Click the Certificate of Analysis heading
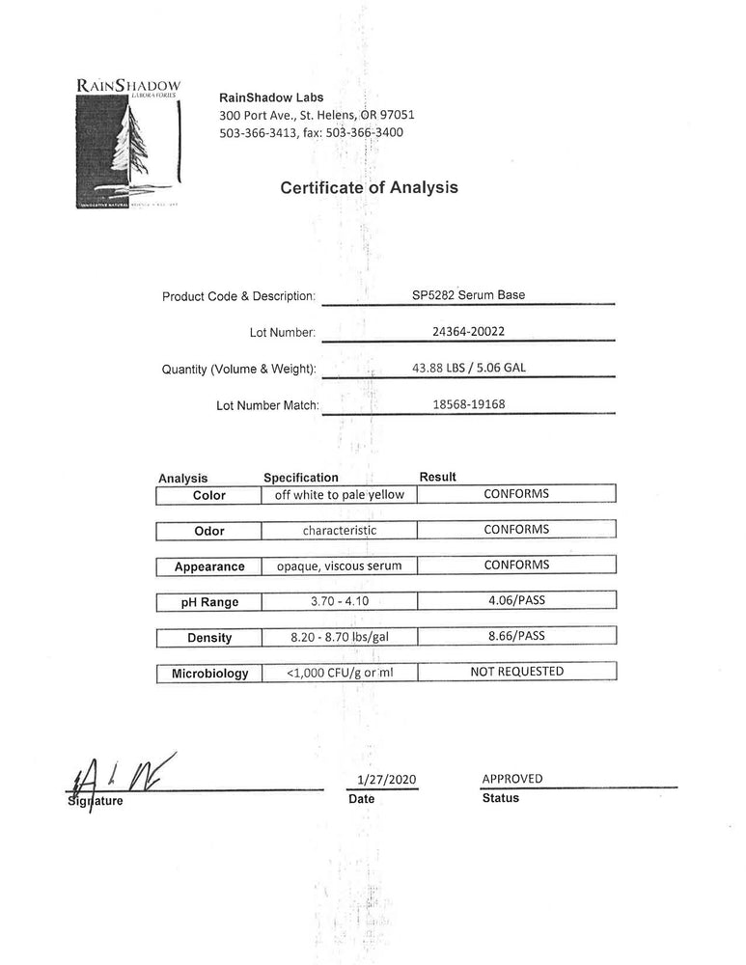point(369,187)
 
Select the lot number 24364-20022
point(468,329)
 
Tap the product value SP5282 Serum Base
point(468,294)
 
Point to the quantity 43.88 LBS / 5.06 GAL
point(468,367)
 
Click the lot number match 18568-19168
point(468,403)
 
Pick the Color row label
point(208,495)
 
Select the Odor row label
point(208,531)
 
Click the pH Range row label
point(208,602)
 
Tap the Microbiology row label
point(209,674)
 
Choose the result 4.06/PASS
point(516,600)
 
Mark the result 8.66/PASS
point(516,636)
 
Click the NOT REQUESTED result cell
point(516,671)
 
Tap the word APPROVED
point(511,778)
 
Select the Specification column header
point(301,478)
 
